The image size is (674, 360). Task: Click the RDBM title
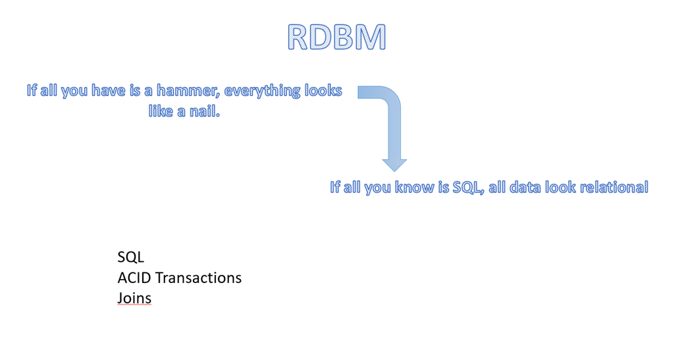pos(336,38)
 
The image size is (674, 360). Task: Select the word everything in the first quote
pos(262,91)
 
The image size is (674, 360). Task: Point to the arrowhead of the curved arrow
pos(394,165)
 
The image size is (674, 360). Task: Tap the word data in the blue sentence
pos(525,188)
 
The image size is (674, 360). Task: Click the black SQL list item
pos(131,257)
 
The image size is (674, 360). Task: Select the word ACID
pos(134,278)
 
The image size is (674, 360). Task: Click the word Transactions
pos(199,278)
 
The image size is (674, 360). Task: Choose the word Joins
pos(134,297)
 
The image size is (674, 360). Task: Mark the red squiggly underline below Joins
pos(134,305)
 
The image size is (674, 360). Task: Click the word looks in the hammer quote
pos(323,91)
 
